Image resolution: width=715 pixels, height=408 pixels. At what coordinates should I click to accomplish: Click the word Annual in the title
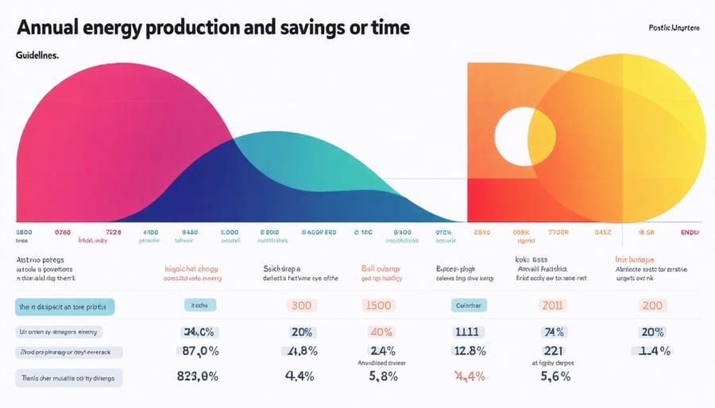(x=49, y=28)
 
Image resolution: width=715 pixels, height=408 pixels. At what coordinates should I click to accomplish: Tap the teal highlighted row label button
(x=65, y=307)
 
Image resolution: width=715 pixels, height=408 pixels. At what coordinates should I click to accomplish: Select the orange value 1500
(x=378, y=306)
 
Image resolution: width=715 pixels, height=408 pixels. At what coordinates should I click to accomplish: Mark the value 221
(x=552, y=352)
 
